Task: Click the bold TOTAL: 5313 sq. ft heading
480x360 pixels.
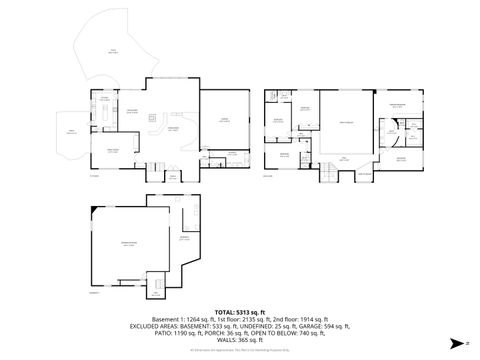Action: point(240,313)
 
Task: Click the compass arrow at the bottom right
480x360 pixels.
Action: point(468,343)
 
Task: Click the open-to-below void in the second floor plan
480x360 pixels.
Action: point(345,125)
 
